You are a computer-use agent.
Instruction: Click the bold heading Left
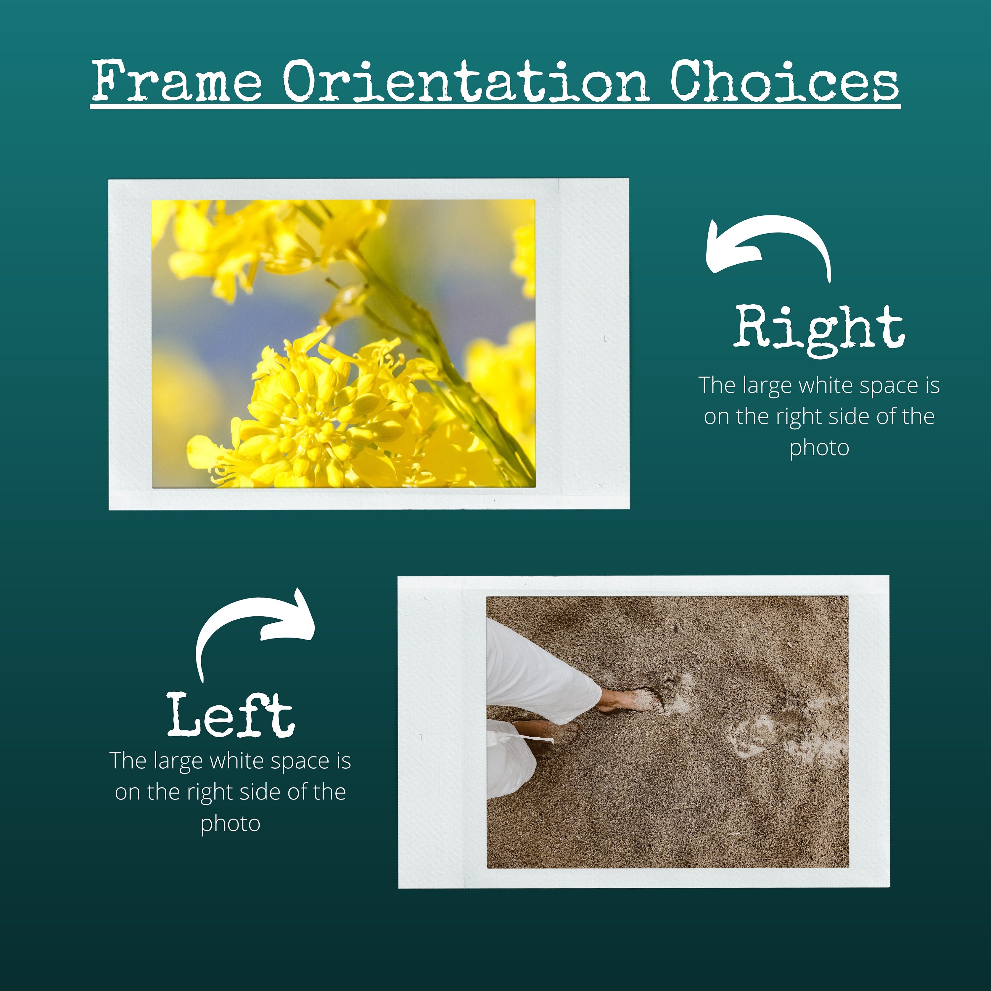point(231,715)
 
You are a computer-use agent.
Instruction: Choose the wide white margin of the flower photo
point(582,344)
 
